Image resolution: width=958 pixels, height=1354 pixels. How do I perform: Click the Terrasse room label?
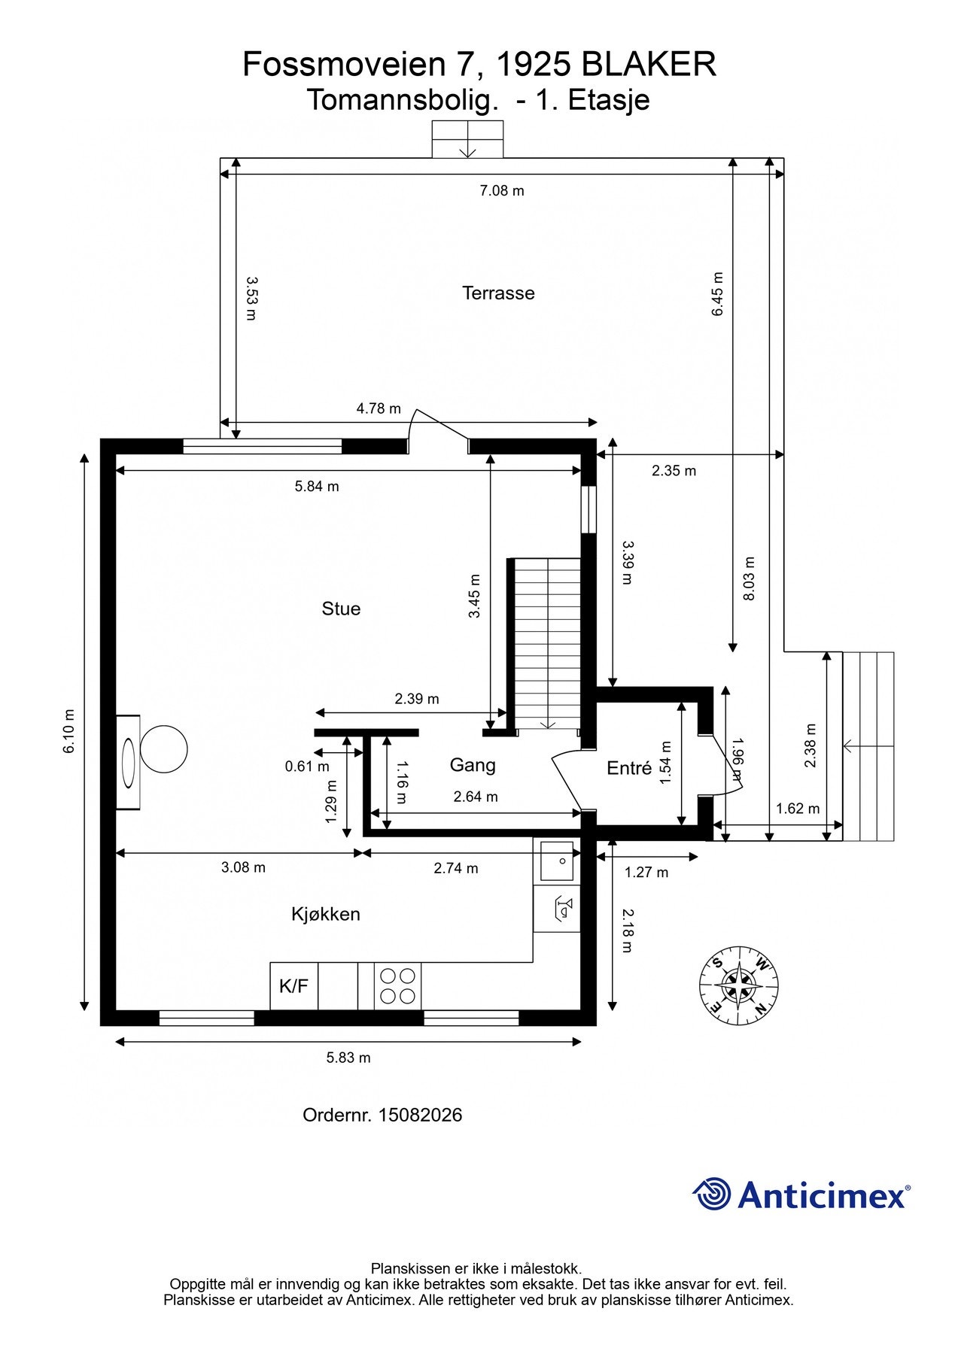(498, 293)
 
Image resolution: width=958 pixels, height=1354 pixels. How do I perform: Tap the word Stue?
(341, 609)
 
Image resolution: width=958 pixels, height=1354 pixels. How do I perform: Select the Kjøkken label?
(326, 914)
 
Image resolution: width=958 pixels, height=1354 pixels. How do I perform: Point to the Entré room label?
(629, 768)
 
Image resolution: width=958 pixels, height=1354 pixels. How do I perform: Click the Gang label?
(473, 765)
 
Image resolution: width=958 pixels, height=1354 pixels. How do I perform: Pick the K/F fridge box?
(294, 985)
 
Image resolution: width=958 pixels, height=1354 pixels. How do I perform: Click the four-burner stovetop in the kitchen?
(397, 985)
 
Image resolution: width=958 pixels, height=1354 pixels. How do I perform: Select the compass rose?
(738, 985)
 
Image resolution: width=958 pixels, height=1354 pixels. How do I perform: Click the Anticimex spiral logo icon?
(712, 1194)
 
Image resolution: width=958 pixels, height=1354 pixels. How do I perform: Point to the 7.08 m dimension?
(502, 190)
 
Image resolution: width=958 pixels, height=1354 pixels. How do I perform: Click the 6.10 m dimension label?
(69, 731)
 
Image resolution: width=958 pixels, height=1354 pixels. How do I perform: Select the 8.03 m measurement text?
(749, 578)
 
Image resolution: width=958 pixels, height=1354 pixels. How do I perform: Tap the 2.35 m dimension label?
(674, 471)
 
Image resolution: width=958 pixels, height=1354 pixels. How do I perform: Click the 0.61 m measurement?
(307, 767)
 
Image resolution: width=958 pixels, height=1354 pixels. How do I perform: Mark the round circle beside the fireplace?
(163, 749)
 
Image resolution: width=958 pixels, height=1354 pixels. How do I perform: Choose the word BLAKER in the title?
(649, 65)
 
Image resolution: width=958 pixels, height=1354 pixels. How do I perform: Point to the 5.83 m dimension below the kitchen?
(348, 1058)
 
